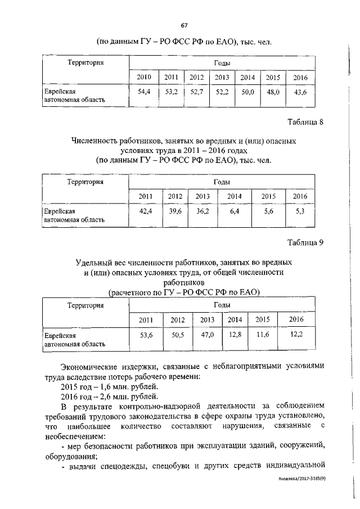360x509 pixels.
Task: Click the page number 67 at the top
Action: click(x=184, y=25)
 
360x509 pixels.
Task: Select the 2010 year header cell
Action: click(x=144, y=77)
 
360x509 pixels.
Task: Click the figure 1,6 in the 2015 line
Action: click(x=103, y=387)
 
